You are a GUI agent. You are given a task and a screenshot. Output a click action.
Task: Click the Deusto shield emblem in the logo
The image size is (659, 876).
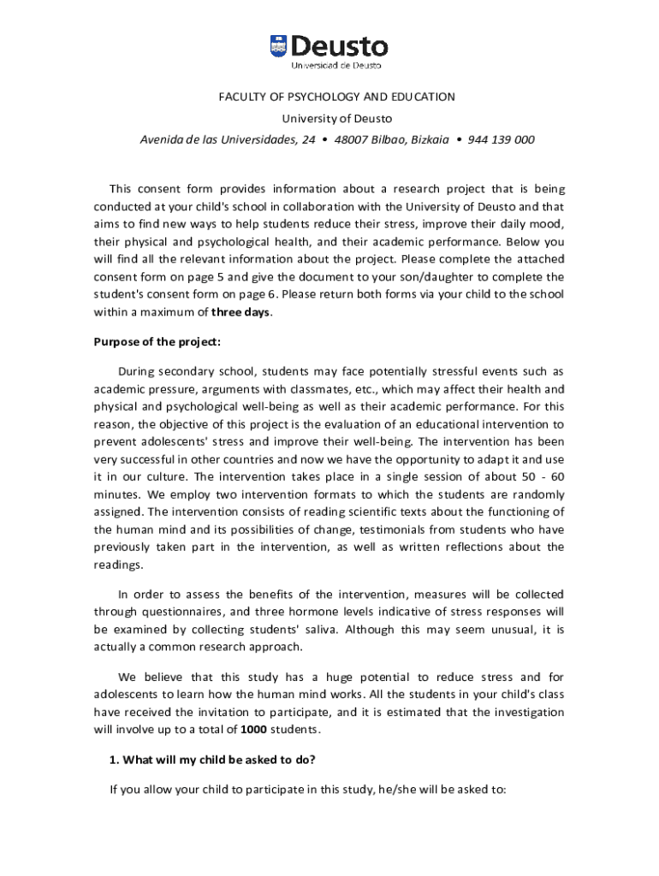click(x=279, y=46)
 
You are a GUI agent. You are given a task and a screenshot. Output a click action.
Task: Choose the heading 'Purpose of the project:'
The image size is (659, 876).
click(x=157, y=342)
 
